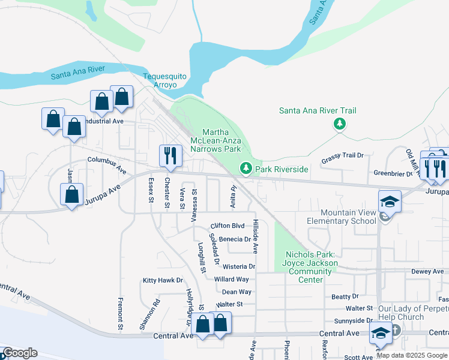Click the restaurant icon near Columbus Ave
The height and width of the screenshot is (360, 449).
pos(170,156)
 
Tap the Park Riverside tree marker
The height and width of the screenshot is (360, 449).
pos(245,169)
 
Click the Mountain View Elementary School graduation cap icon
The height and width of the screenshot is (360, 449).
pos(389,202)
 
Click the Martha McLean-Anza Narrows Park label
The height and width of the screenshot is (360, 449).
pos(221,140)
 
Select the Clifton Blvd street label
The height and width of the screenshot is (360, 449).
pos(227,226)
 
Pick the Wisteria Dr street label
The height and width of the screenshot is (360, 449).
pos(239,266)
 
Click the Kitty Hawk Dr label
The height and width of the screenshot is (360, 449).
pos(162,280)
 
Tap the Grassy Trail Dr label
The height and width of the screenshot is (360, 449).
pos(343,155)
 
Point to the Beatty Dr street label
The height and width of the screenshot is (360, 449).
pos(345,296)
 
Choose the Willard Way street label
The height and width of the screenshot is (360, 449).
pos(232,279)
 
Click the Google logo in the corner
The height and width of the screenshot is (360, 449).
pos(20,353)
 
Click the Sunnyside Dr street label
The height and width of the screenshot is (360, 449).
pos(354,320)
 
